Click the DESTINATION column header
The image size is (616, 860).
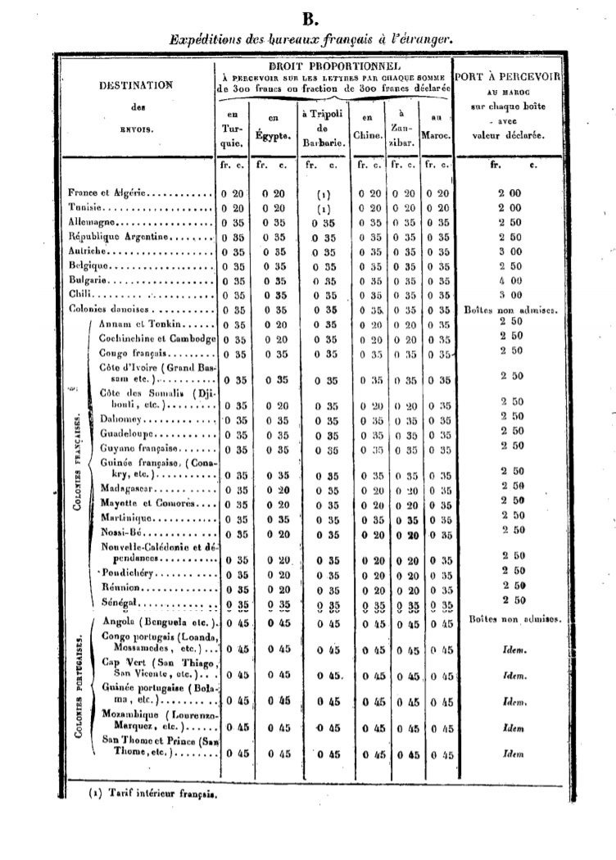(136, 84)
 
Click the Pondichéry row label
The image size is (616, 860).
(125, 573)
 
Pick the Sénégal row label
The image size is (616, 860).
(116, 602)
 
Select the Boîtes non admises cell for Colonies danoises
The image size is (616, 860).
(510, 310)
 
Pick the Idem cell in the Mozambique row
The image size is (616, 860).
(513, 726)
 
